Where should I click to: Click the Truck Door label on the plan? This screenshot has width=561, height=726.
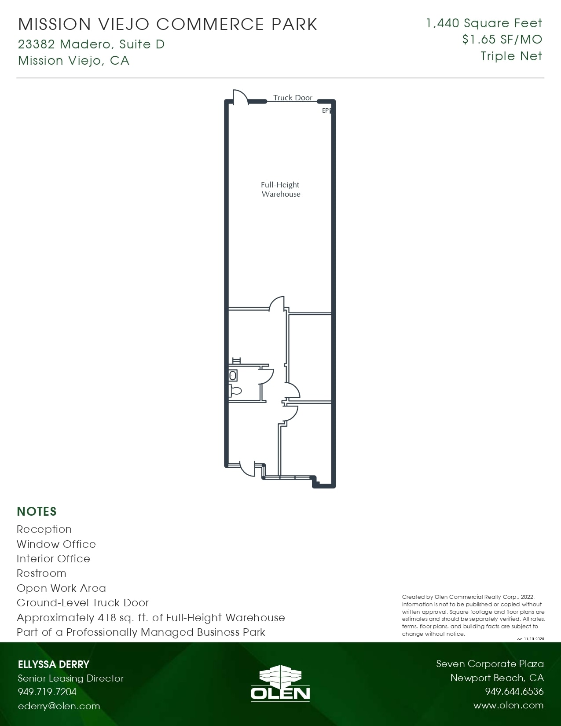coord(293,98)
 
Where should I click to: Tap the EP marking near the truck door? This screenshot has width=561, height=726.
coord(326,110)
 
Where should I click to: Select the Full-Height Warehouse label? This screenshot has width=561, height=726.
coord(280,190)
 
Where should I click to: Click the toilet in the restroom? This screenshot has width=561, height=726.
coord(235,390)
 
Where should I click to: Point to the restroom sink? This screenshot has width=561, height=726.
coord(233,376)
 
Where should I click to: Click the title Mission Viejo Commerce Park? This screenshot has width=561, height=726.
coord(168,25)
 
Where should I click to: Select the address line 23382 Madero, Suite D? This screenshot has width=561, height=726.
coord(92,44)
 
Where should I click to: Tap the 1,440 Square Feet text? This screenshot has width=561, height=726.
coord(484,23)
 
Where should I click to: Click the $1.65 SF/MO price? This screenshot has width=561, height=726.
coord(502,40)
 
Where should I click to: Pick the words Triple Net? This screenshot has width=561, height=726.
coord(511,56)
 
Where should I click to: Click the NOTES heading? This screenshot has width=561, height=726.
coord(37,511)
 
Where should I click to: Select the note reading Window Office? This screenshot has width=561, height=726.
coord(56,544)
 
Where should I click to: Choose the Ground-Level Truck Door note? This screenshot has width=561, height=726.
coord(83,603)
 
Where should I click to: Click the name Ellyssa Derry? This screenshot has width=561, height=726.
coord(54,664)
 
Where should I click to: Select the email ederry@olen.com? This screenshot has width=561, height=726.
coord(59,706)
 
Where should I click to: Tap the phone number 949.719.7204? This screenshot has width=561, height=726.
coord(47,692)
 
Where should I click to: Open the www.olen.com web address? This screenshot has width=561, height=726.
coord(508,705)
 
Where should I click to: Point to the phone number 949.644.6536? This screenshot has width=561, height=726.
coord(514,691)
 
